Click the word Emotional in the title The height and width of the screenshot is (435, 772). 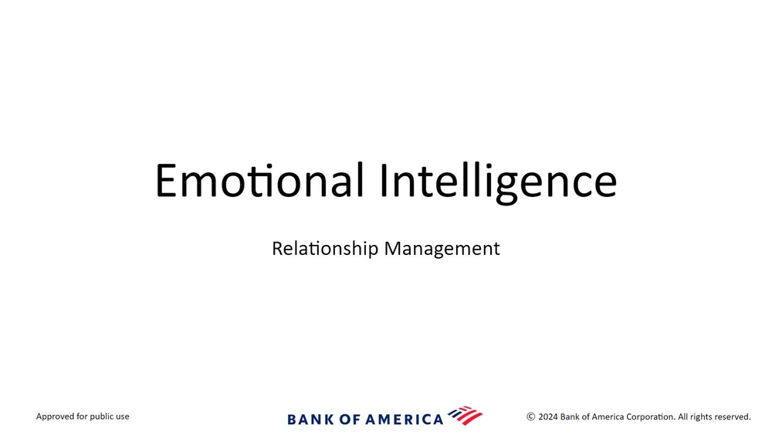[x=259, y=180]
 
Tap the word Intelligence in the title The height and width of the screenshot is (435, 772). [x=498, y=182]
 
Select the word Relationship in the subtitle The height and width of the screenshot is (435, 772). [x=325, y=249]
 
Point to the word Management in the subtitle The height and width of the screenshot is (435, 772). [x=442, y=249]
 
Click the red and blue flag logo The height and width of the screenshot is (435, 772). [x=466, y=416]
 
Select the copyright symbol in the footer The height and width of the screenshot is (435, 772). [x=531, y=416]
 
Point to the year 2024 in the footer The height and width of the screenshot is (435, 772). [x=548, y=416]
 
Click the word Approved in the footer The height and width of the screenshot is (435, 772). [x=55, y=416]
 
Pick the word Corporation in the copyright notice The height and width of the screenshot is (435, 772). [x=650, y=416]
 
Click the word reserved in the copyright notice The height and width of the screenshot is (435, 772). [x=732, y=416]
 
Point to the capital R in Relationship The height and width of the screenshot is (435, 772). [x=277, y=248]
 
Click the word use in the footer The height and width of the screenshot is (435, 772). [x=123, y=417]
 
